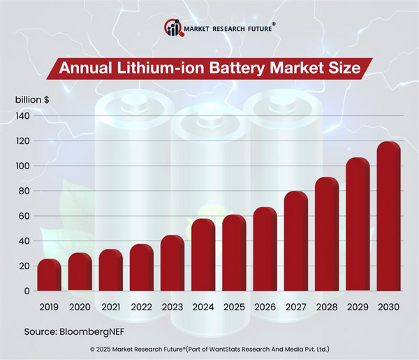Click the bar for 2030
[x=388, y=217]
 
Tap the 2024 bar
[x=203, y=255]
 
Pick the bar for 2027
[x=296, y=241]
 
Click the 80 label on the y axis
[x=23, y=191]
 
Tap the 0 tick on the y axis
[x=26, y=291]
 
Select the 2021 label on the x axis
[x=110, y=307]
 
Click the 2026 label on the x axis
[x=265, y=307]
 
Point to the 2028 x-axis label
[x=327, y=307]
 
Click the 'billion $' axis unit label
[x=32, y=99]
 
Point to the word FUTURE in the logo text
[x=255, y=28]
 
